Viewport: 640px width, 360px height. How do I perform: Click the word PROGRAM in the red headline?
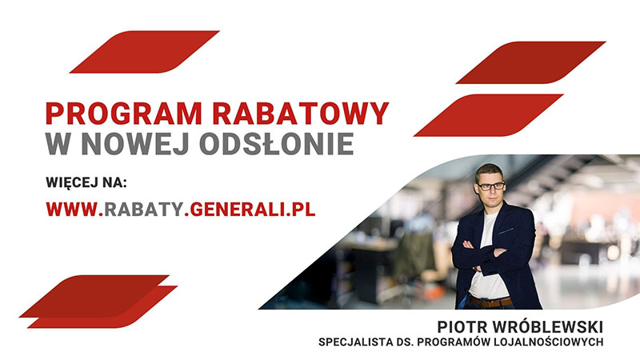[124, 113]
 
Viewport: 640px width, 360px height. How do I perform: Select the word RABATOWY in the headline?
[301, 113]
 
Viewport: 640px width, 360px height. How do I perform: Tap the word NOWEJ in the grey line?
[136, 143]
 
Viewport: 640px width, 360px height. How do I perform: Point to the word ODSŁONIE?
[277, 143]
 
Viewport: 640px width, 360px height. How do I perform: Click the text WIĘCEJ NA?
[86, 182]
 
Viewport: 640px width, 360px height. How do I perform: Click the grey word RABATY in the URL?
[144, 209]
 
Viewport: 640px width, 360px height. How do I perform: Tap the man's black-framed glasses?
[490, 186]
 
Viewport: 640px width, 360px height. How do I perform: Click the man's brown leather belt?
[490, 302]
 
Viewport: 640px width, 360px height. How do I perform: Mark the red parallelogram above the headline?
[145, 52]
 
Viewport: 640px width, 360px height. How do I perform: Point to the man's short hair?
[488, 170]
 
